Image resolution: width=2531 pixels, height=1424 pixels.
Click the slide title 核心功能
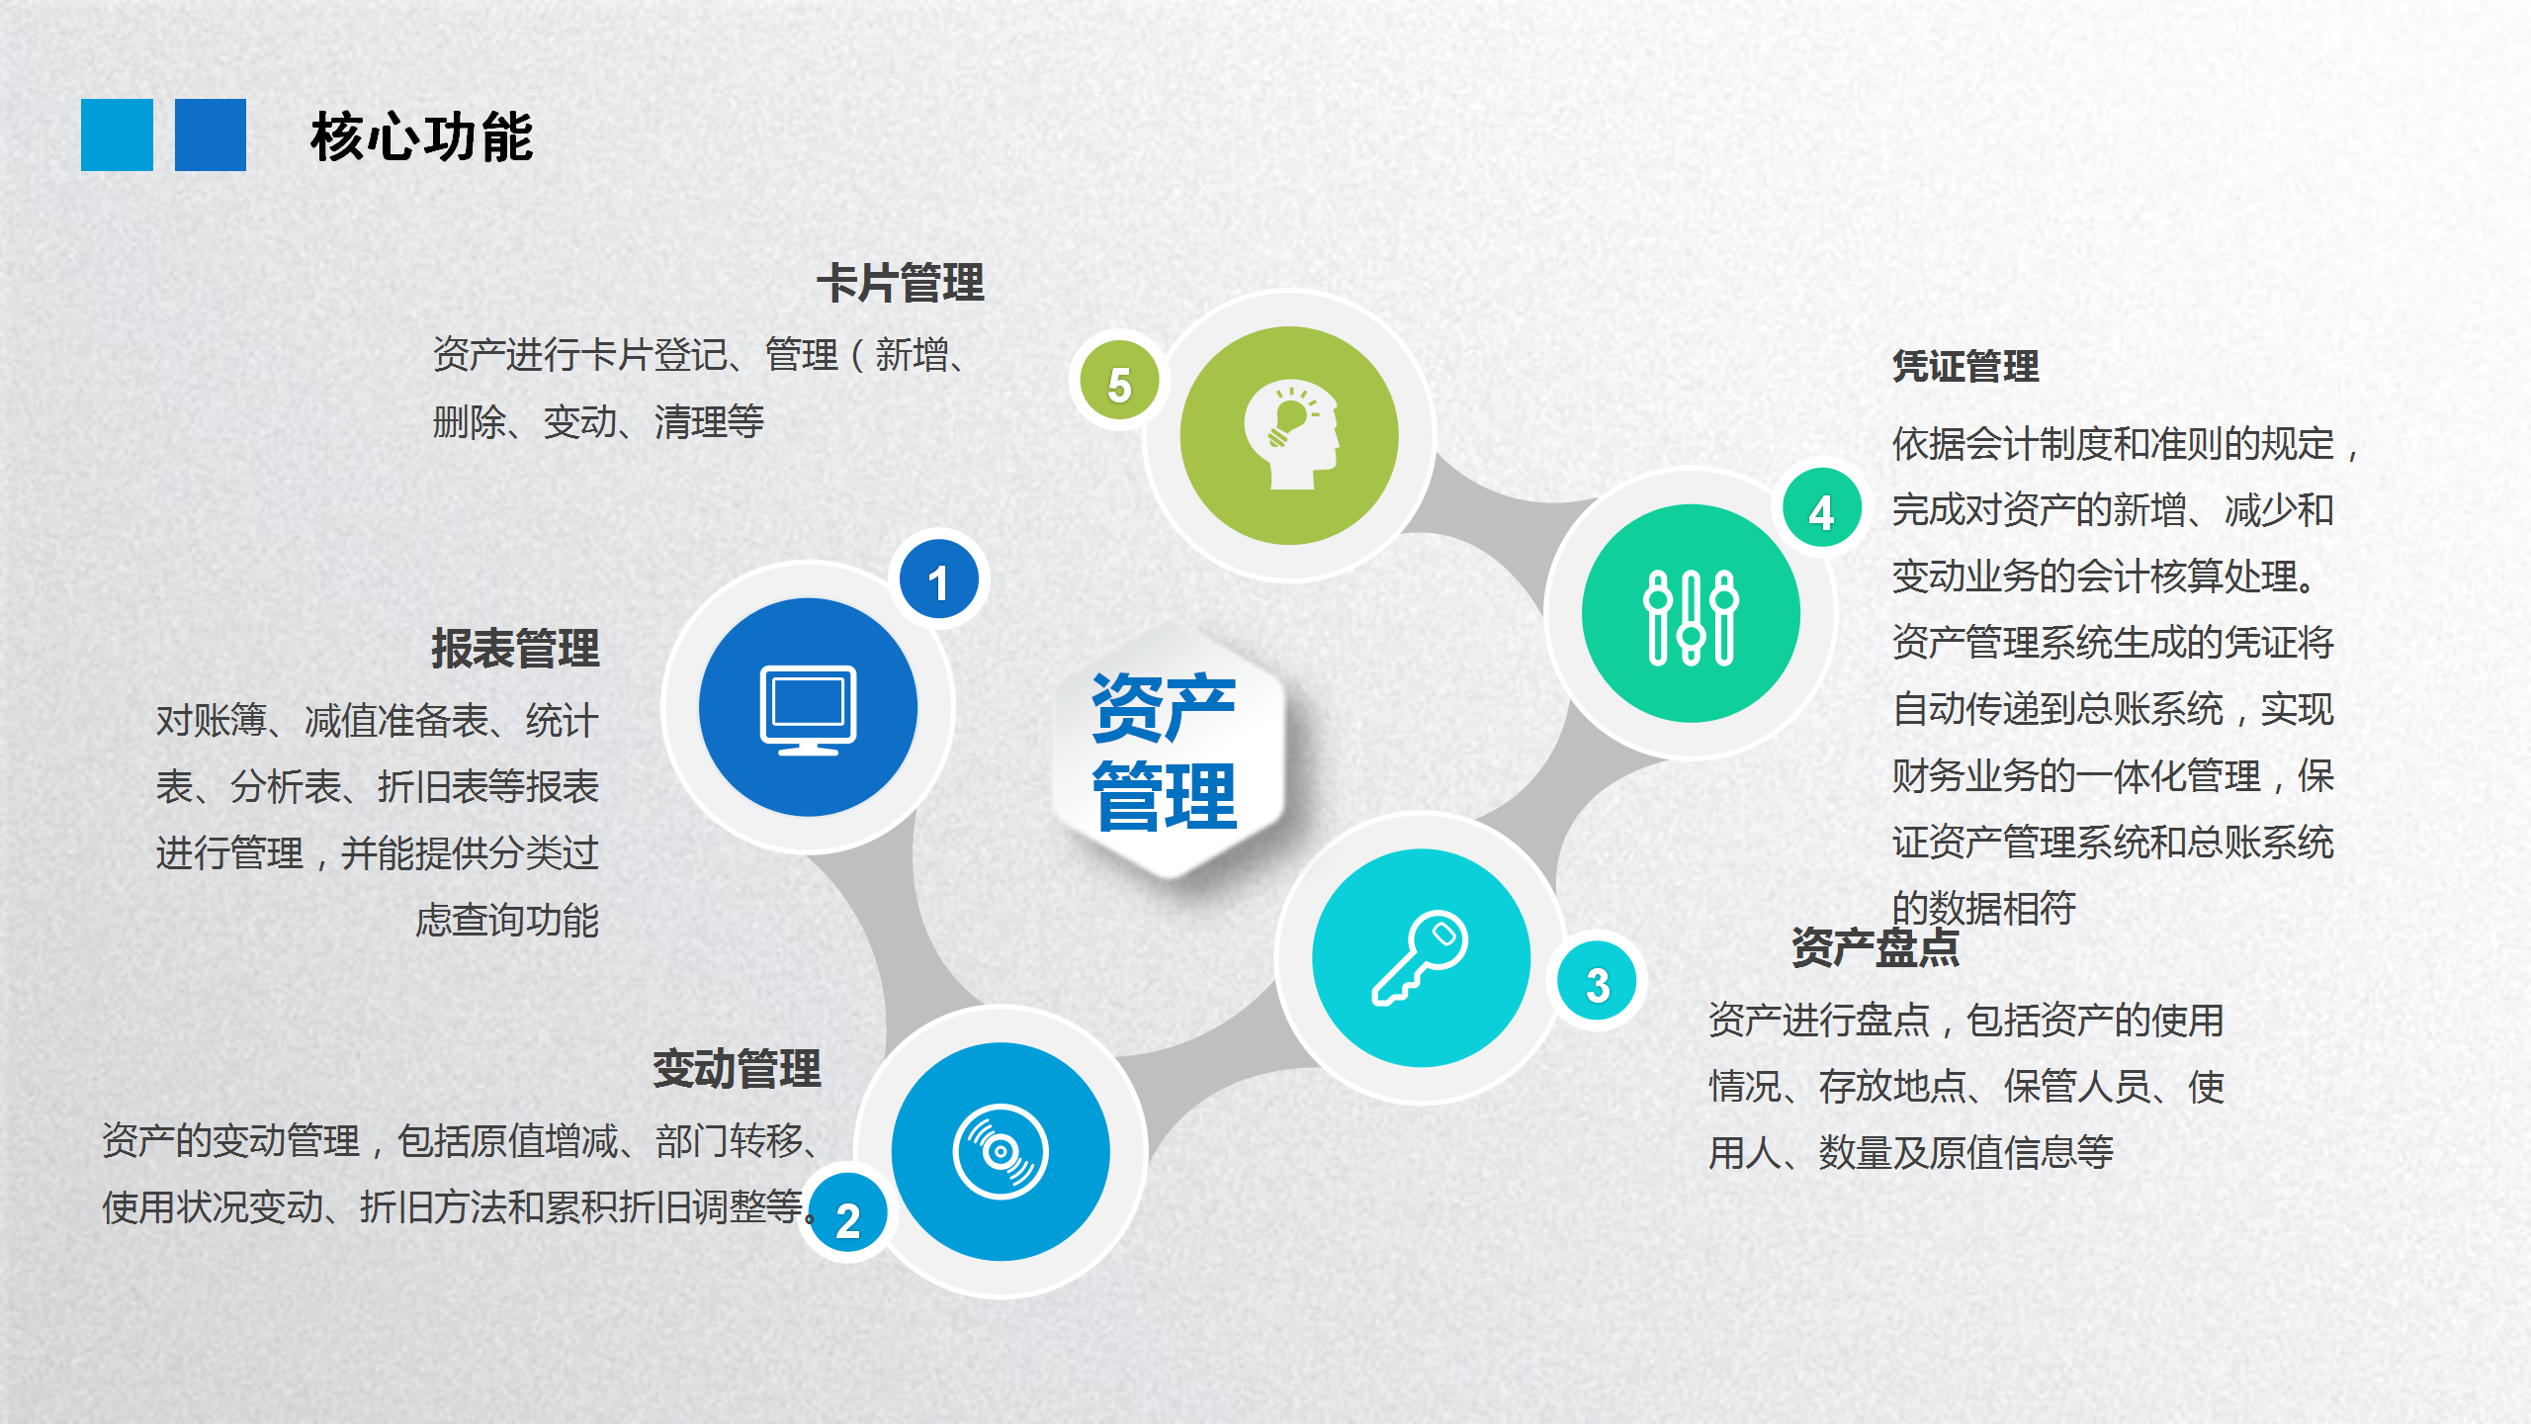tap(422, 136)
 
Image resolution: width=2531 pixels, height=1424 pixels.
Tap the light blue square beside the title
tap(117, 134)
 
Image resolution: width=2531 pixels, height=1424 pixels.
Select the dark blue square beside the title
tap(211, 134)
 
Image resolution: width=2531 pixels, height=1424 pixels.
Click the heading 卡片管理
tap(901, 284)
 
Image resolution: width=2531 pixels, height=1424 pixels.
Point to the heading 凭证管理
tap(1965, 366)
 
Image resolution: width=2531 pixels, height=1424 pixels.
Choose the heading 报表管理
tap(515, 649)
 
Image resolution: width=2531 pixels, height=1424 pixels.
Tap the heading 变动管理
tap(737, 1069)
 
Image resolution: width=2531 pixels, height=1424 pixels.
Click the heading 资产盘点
tap(1876, 947)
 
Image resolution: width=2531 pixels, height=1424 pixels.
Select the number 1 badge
tap(938, 580)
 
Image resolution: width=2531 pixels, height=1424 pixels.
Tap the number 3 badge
tap(1598, 983)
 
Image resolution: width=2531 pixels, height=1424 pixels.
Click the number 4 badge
tap(1822, 510)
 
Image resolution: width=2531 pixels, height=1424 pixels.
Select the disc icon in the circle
tap(1001, 1151)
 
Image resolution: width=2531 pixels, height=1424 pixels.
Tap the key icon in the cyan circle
tap(1421, 957)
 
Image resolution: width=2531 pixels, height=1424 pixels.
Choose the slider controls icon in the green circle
tap(1691, 616)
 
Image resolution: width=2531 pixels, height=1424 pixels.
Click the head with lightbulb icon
tap(1291, 435)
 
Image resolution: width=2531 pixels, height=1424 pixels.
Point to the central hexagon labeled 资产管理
tap(1169, 750)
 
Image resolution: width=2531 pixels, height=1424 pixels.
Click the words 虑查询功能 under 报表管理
tap(507, 920)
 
